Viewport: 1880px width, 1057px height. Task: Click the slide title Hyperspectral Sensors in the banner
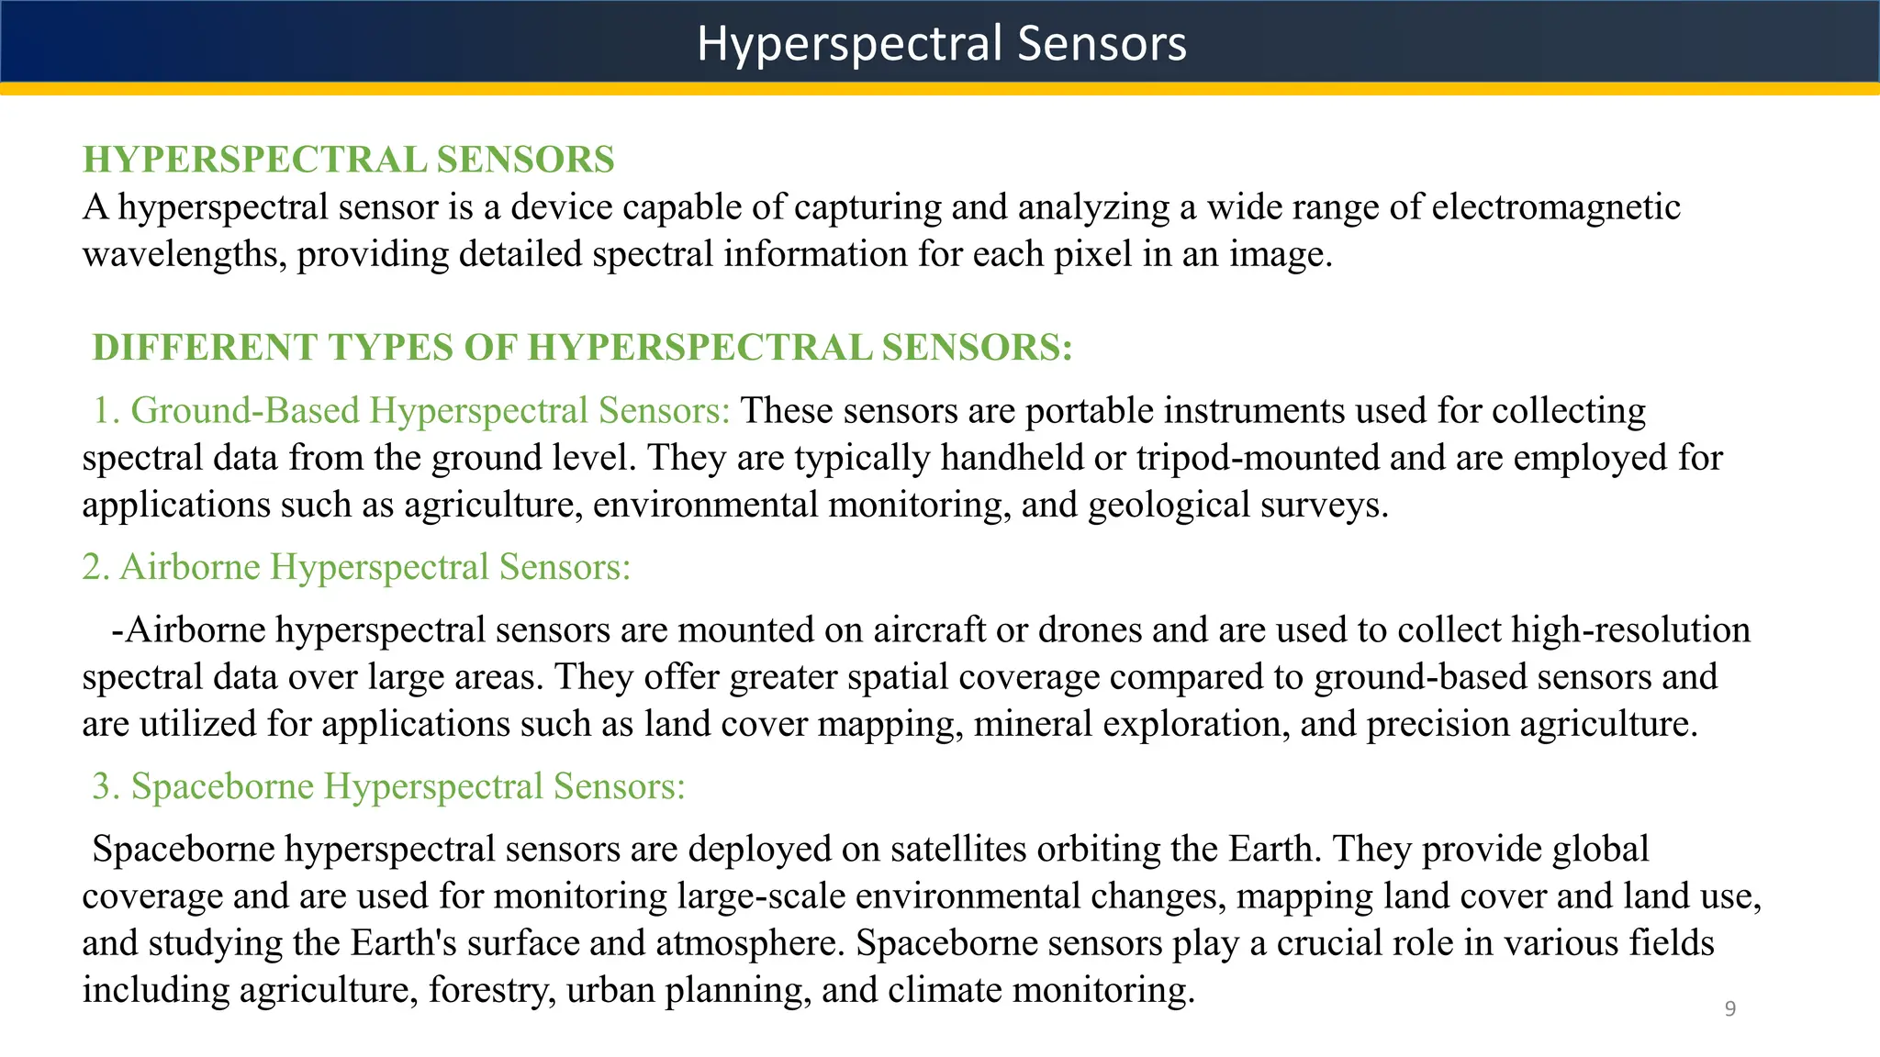[941, 43]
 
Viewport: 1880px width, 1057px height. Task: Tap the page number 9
[1729, 1009]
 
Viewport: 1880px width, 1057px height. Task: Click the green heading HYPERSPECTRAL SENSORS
[348, 160]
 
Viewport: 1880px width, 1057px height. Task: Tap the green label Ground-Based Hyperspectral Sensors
[430, 410]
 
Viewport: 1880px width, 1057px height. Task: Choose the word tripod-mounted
[1258, 458]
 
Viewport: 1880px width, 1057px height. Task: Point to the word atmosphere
[748, 943]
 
